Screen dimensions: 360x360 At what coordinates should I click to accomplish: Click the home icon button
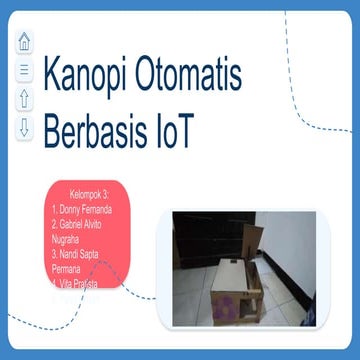pyautogui.click(x=24, y=43)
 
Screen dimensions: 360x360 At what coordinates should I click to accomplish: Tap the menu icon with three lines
pyautogui.click(x=24, y=70)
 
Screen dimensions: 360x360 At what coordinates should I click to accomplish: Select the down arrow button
pyautogui.click(x=24, y=128)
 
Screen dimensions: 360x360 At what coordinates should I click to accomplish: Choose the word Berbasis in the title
pyautogui.click(x=98, y=133)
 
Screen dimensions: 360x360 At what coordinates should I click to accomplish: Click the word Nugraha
pyautogui.click(x=75, y=240)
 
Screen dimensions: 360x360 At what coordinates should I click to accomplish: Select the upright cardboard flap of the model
pyautogui.click(x=251, y=240)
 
